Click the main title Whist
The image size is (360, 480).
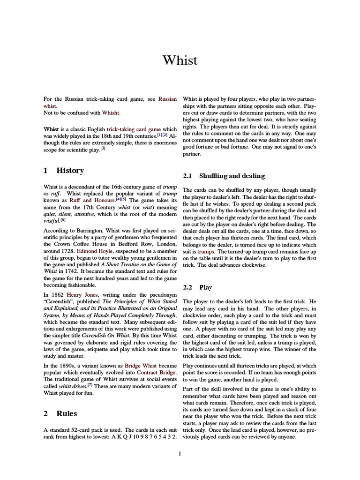[x=180, y=60]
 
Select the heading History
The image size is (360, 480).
[x=70, y=171]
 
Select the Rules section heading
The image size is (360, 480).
[x=67, y=413]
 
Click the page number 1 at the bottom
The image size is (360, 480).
[x=180, y=453]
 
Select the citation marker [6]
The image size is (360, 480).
[x=63, y=219]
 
